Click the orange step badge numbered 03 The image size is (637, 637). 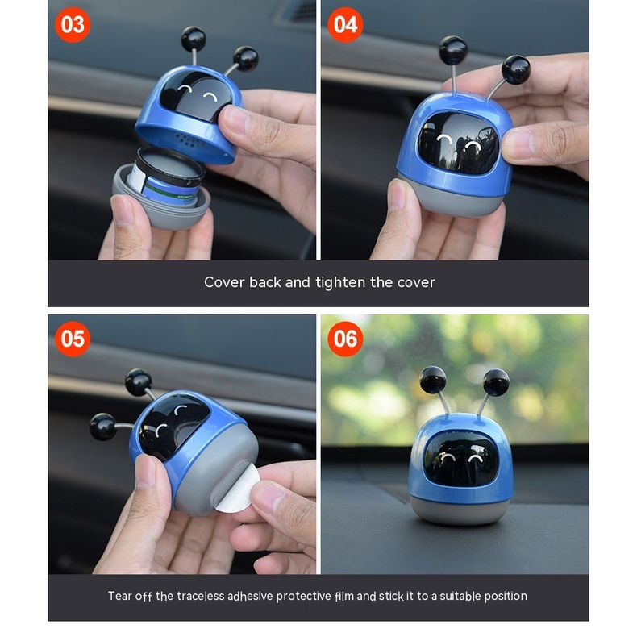click(x=73, y=25)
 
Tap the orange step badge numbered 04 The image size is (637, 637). click(x=345, y=25)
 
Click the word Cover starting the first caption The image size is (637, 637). click(x=224, y=282)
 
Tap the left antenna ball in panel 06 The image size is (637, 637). click(x=432, y=379)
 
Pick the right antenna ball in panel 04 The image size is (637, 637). click(x=515, y=69)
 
